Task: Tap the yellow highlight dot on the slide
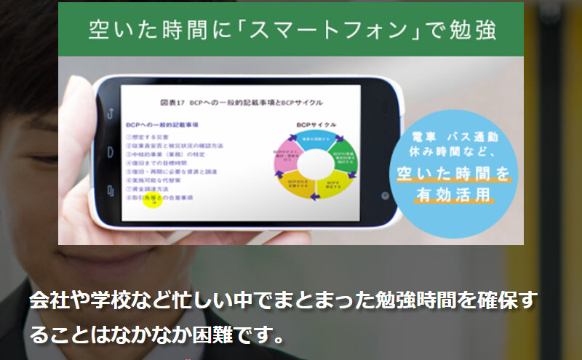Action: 151,201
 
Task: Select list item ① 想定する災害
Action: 148,136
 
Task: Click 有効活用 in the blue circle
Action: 453,194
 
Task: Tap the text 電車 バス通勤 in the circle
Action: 453,138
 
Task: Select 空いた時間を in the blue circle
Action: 453,173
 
